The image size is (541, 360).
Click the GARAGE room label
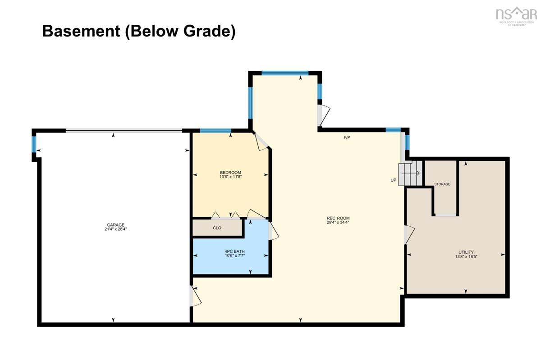point(116,225)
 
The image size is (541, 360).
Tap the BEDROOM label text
point(230,173)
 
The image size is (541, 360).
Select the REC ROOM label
point(338,218)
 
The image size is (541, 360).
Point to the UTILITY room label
point(466,252)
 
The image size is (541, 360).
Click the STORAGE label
point(442,184)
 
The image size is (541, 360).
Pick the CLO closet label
point(217,228)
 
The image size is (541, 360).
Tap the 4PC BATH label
point(235,251)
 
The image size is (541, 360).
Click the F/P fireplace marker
point(347,137)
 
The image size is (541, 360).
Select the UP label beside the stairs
point(394,180)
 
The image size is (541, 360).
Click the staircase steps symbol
point(410,173)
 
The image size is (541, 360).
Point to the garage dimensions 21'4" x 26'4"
point(116,229)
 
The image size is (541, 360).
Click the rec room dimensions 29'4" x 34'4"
point(338,223)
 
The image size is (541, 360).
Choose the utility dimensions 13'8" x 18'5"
point(466,256)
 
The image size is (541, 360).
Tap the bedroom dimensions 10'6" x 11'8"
point(231,177)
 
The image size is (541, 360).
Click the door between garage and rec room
point(195,296)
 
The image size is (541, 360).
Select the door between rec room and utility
point(409,235)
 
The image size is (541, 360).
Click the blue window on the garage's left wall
point(34,144)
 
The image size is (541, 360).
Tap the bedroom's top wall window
point(215,131)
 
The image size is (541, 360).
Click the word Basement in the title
point(81,31)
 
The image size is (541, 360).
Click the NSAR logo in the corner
point(516,16)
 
